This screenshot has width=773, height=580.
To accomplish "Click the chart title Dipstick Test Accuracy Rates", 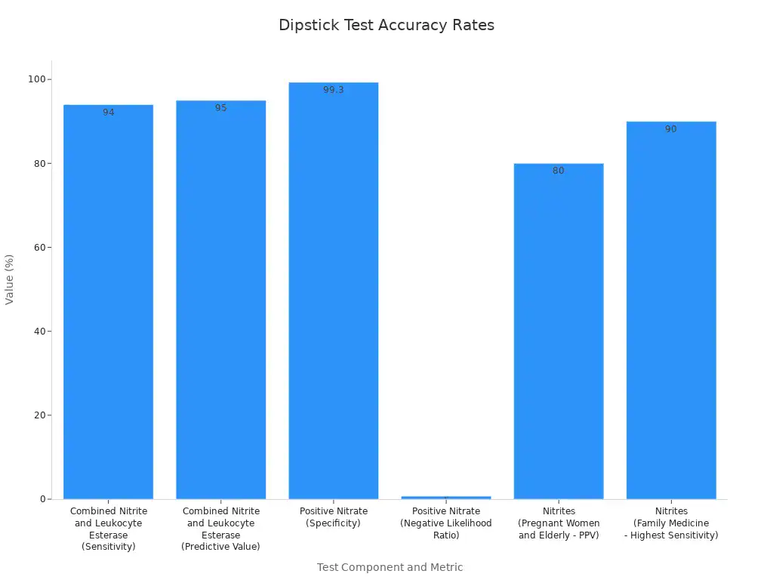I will (x=386, y=25).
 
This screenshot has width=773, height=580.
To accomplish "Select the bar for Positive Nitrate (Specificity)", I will (x=333, y=302).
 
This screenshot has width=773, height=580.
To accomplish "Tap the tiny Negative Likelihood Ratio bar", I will (x=445, y=497).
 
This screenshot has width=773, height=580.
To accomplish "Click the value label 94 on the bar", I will (x=109, y=113).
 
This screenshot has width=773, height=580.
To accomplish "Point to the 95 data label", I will (x=220, y=108).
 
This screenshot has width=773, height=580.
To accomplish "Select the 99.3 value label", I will (x=333, y=90).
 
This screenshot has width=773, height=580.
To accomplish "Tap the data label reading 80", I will (x=558, y=171).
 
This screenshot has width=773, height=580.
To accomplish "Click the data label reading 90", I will (x=670, y=129).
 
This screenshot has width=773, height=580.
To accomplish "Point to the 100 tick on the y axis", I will (x=34, y=79).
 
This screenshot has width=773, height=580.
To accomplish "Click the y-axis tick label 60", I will (x=37, y=247).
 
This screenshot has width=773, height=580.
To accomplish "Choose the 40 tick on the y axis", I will (x=37, y=331).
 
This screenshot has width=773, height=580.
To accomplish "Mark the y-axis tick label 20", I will (x=37, y=415).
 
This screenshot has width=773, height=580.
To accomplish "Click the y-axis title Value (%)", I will (x=10, y=279).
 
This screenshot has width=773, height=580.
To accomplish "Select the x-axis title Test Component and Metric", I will (x=390, y=567).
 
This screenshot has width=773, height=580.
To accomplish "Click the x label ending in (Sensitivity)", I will (x=109, y=529).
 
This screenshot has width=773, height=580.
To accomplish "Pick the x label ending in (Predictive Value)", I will (x=220, y=529).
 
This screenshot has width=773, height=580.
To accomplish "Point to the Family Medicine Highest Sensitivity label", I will (x=670, y=523).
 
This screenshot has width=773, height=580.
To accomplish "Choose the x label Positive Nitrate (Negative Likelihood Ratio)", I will (x=445, y=523).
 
